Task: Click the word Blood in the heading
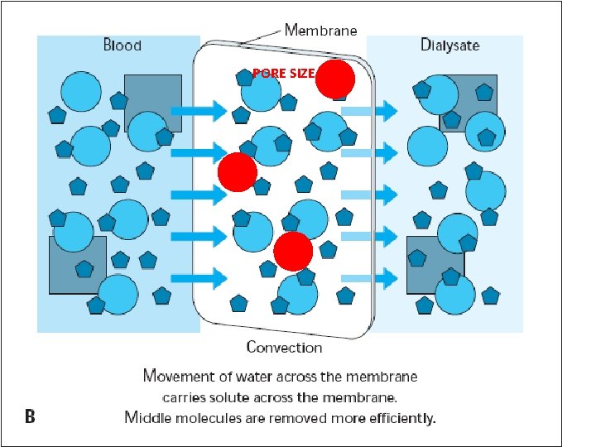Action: coord(122,45)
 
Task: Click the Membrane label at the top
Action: coord(321,30)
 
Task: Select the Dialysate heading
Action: coord(449,45)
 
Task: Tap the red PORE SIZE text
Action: coord(283,74)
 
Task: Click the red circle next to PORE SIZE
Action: coord(335,79)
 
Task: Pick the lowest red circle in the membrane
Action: coord(293,252)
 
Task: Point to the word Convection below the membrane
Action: coord(284,348)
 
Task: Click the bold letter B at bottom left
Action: coord(30,416)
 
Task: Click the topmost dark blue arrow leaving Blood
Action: coord(199,110)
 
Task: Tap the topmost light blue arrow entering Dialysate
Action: coord(368,110)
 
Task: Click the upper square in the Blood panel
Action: coord(153,103)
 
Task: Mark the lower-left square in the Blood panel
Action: coord(78,265)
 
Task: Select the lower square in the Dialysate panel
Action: coord(435,264)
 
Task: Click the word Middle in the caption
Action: coord(149,417)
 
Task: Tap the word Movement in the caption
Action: coord(178,377)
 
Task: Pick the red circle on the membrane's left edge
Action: coord(237,171)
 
